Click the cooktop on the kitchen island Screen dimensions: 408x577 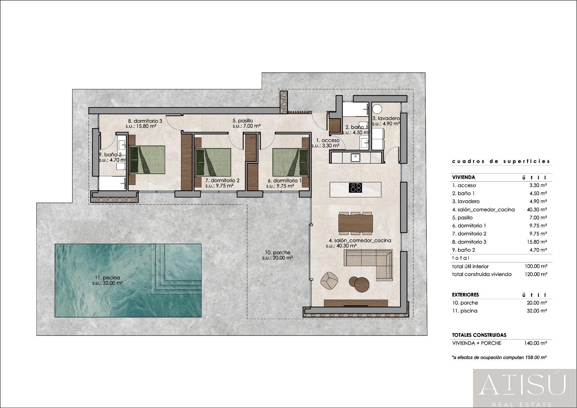click(355, 188)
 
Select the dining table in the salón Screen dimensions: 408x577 click(356, 223)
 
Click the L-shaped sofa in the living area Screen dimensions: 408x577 click(373, 261)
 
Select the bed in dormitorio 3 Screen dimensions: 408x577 click(147, 160)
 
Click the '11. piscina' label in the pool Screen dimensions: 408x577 click(107, 280)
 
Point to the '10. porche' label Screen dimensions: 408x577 click(277, 255)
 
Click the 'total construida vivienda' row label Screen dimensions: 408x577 click(481, 274)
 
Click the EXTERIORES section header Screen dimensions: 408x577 click(465, 295)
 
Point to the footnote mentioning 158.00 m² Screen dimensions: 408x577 click(499, 357)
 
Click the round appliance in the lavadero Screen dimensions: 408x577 click(377, 109)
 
